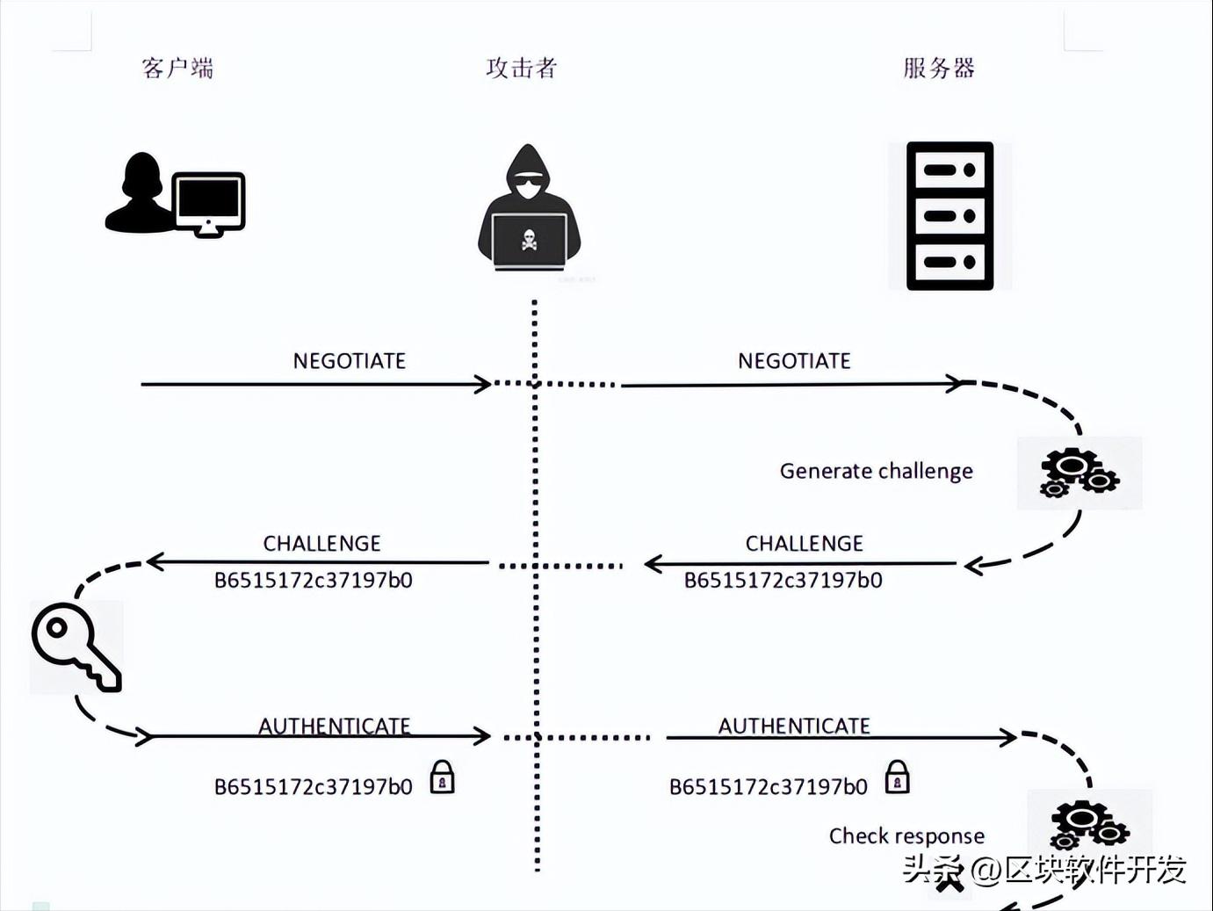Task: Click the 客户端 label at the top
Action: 177,68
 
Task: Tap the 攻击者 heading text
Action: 522,68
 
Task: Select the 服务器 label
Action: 939,68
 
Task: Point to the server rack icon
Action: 949,215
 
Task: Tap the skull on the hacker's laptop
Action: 529,240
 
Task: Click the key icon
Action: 75,646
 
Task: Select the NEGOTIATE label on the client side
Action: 350,361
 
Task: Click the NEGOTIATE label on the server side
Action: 794,361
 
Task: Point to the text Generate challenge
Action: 876,471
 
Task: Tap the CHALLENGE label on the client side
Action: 321,544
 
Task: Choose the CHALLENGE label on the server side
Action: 804,544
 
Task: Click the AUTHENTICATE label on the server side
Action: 794,726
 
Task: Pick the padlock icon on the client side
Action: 442,777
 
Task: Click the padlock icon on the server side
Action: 897,777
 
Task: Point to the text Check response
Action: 906,835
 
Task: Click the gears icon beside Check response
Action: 1089,824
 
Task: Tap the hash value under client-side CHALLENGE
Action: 313,580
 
